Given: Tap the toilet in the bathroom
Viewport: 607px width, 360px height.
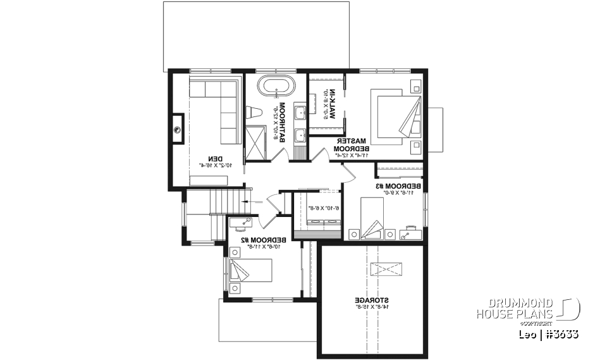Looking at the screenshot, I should pyautogui.click(x=255, y=113).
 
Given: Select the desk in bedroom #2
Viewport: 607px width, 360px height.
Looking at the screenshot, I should pyautogui.click(x=241, y=222).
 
